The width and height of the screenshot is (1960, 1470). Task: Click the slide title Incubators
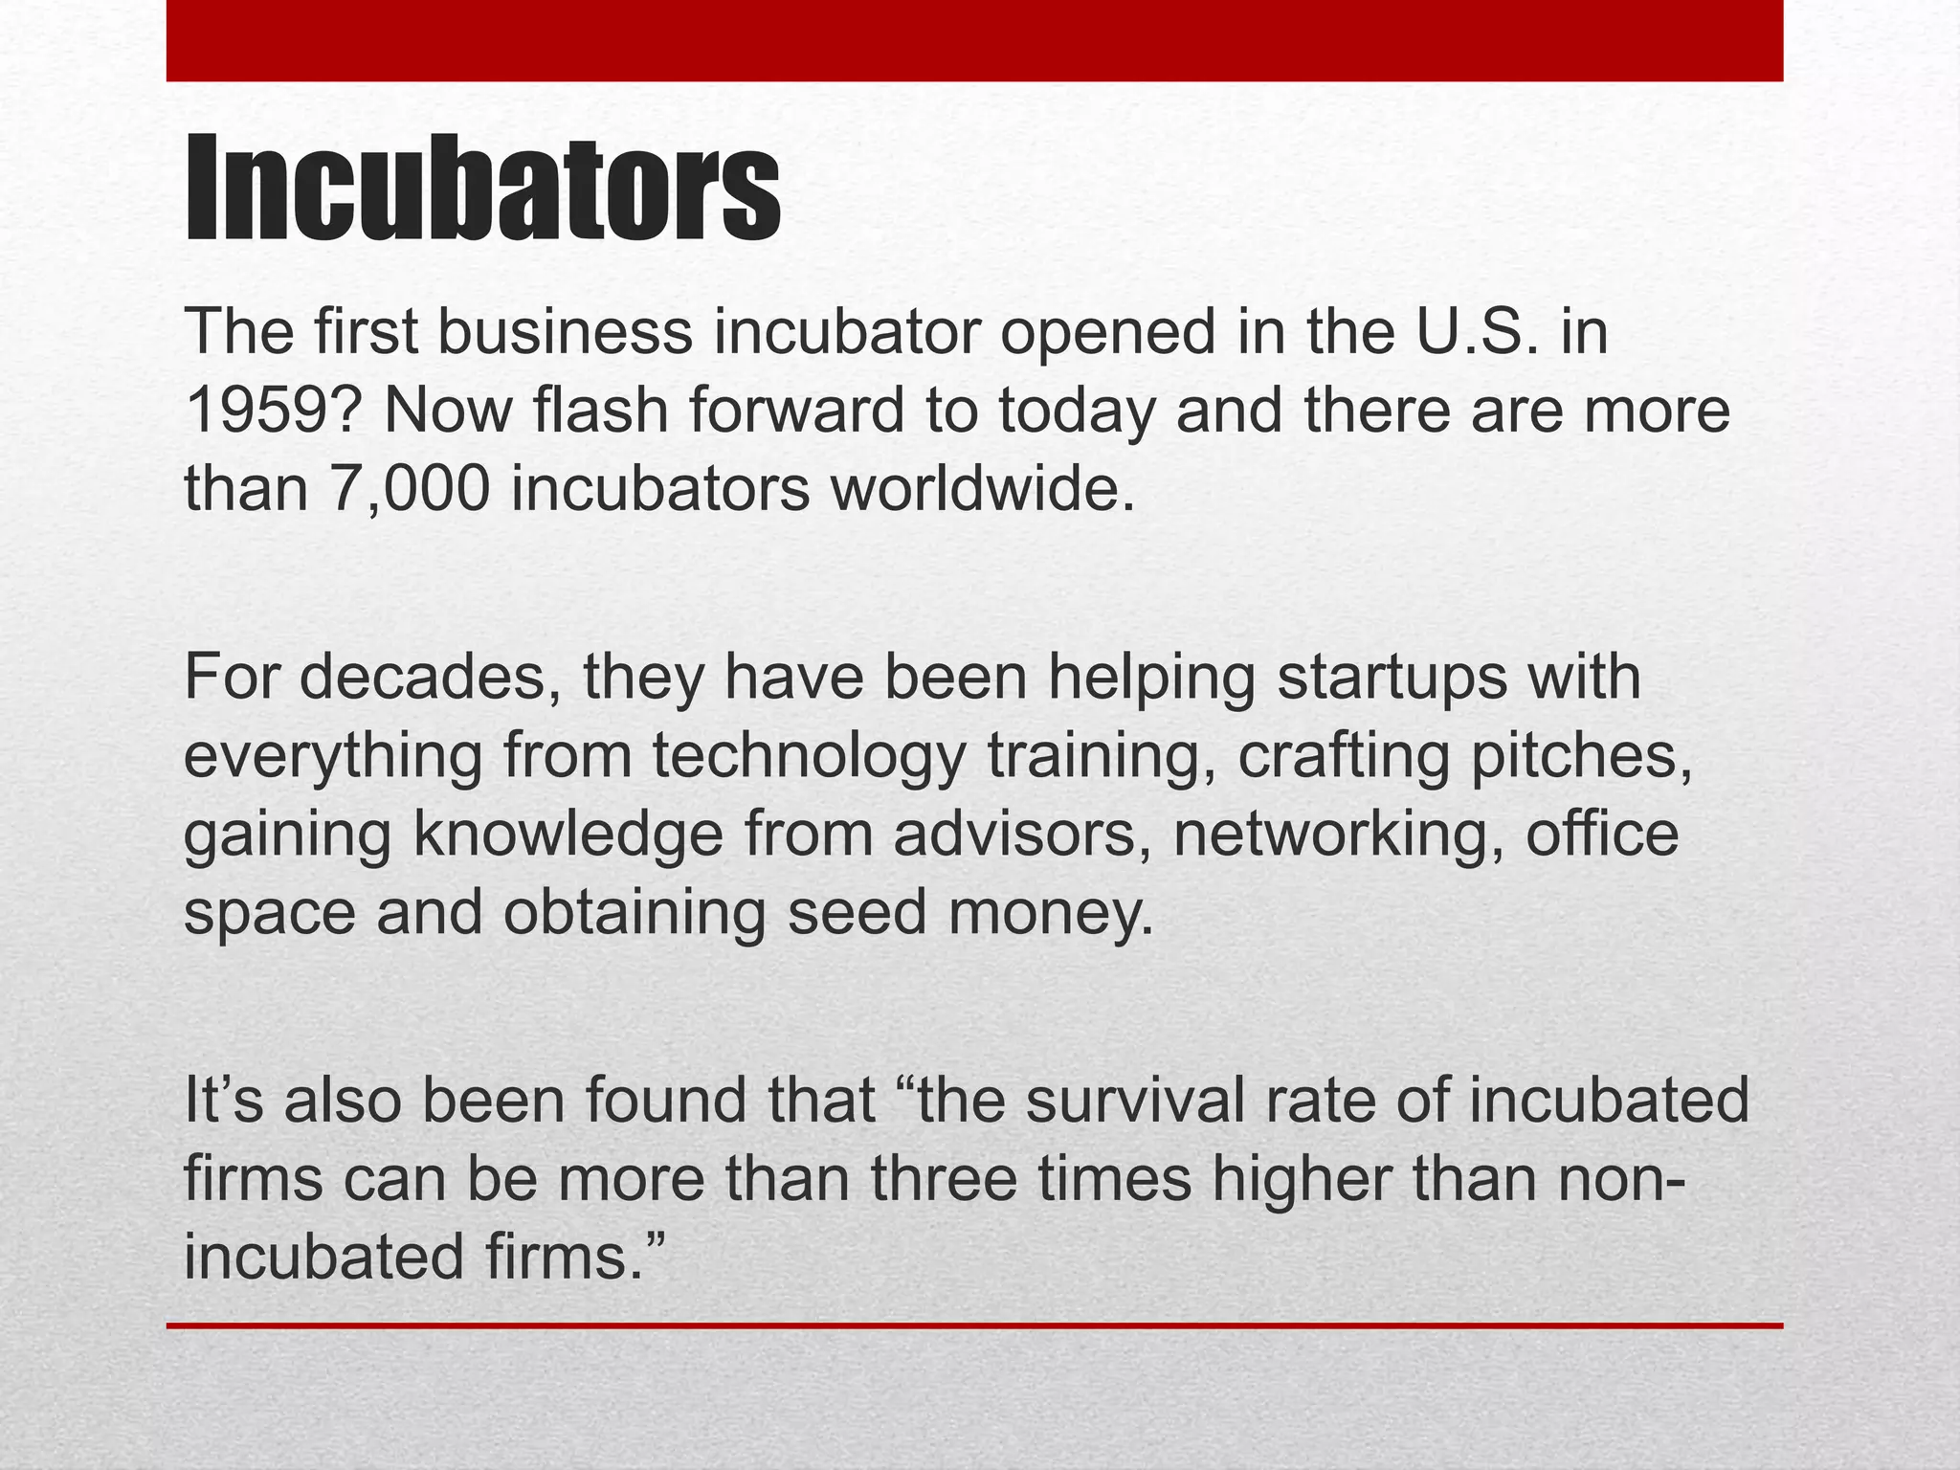pos(482,189)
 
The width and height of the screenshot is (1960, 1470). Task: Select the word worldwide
pos(981,489)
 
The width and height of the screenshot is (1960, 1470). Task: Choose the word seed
pos(857,912)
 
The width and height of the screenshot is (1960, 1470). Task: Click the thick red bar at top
pos(974,40)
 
